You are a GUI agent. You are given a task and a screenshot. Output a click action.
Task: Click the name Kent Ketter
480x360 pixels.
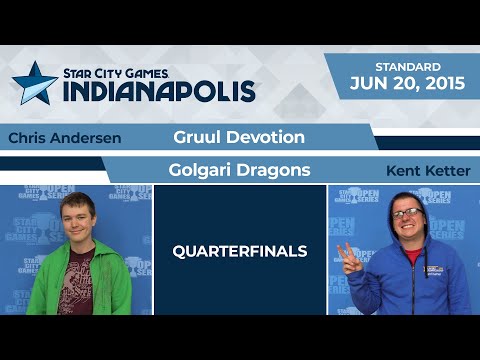pos(427,171)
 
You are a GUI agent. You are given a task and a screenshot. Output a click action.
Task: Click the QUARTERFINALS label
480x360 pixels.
pos(240,251)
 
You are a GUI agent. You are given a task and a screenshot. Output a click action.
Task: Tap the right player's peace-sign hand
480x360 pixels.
pos(346,254)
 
